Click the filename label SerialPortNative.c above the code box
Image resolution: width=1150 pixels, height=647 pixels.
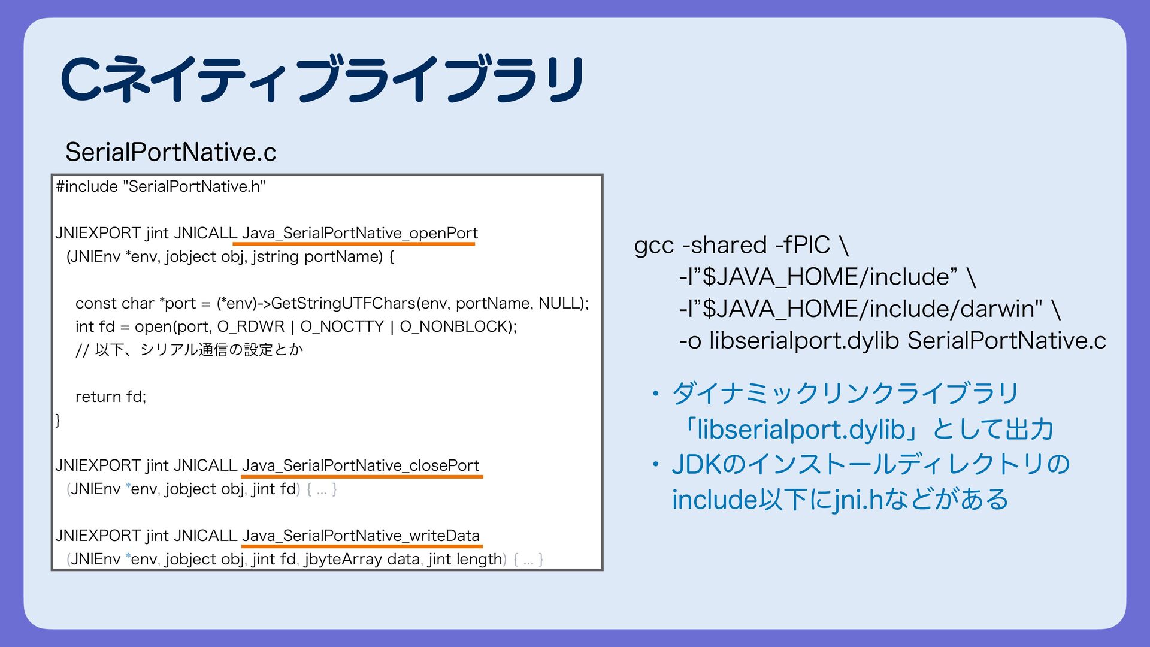(x=171, y=152)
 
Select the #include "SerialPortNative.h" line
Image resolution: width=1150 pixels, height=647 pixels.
(x=161, y=186)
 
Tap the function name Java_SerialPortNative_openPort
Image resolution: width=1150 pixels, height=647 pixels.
(x=359, y=233)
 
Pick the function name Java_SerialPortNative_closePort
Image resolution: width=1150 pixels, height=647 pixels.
(x=361, y=465)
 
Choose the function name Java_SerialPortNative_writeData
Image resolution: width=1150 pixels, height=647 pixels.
(x=361, y=536)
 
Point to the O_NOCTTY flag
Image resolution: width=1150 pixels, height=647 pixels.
(x=341, y=326)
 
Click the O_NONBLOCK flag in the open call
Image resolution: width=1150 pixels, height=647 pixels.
(x=456, y=326)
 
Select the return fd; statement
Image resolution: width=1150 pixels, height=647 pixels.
(x=111, y=397)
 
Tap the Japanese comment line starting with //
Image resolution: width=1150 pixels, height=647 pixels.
(x=189, y=350)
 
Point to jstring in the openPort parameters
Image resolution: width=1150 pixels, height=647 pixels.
(x=276, y=257)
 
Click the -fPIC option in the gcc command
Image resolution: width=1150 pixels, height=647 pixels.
(x=802, y=245)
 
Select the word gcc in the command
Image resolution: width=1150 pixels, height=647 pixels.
(x=654, y=245)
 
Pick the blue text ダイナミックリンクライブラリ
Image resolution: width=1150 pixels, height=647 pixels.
(x=845, y=394)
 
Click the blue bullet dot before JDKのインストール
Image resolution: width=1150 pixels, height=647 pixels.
(x=656, y=464)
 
